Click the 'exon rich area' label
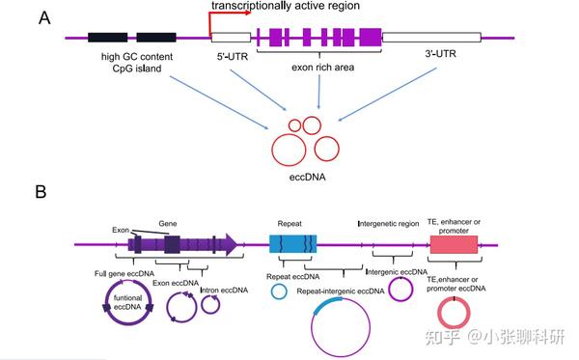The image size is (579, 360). coord(318,69)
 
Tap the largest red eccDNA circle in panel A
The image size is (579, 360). coord(320,148)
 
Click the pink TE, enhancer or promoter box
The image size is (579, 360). coord(455,245)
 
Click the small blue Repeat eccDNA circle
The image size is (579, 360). coord(278,291)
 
